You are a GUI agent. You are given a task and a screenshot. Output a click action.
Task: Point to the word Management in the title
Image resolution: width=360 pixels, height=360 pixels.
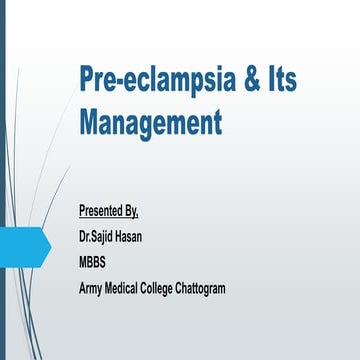pos(149,125)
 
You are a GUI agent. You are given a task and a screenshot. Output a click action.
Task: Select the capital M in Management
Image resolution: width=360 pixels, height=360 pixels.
pos(89,125)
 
